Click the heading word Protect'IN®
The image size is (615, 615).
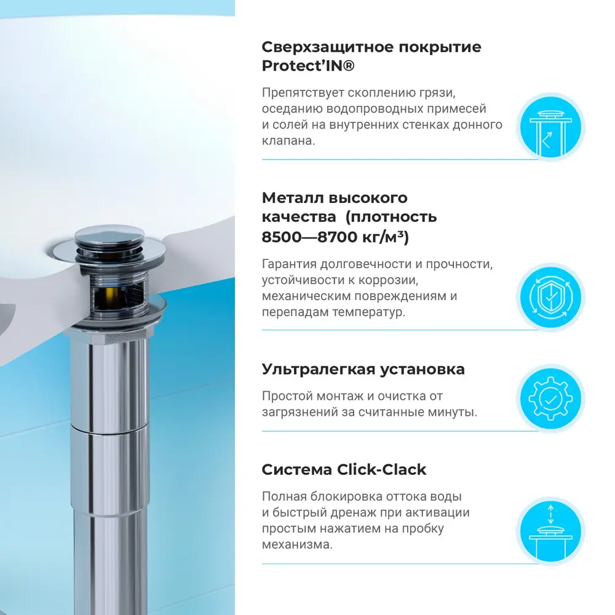pyautogui.click(x=308, y=66)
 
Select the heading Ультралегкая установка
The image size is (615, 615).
pyautogui.click(x=363, y=369)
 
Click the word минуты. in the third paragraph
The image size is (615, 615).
pyautogui.click(x=454, y=412)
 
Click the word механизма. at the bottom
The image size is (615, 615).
pyautogui.click(x=298, y=544)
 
